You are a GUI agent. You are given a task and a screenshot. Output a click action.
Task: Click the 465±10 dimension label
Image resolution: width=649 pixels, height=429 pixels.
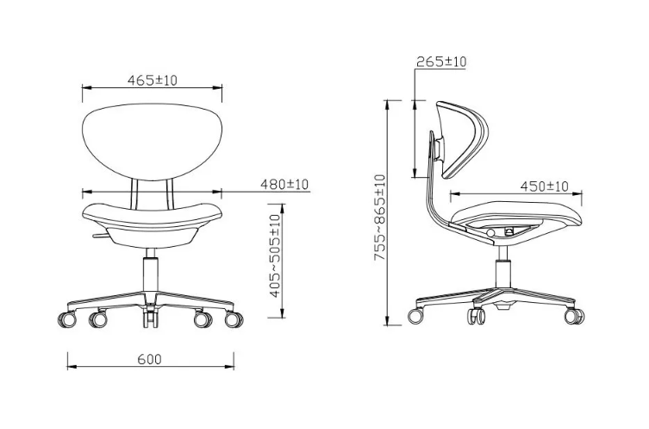point(152,80)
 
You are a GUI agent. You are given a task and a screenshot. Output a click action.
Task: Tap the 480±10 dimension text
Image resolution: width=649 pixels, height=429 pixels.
point(284,184)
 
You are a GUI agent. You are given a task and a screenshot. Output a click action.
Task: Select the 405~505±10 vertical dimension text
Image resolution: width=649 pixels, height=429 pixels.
point(275,256)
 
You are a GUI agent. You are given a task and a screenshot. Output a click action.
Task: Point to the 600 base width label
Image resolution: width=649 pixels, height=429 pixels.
point(149,359)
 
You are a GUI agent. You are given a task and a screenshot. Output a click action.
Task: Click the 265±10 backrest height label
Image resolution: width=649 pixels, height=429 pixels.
point(441,62)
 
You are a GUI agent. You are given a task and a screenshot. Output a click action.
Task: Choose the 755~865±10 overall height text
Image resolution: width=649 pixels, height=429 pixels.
point(379,218)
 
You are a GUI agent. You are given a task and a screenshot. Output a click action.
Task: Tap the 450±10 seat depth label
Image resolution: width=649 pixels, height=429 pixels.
point(545,186)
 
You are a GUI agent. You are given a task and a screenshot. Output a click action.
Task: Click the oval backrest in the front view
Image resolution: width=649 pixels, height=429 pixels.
point(152,142)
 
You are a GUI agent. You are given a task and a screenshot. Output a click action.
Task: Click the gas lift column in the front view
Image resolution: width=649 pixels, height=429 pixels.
point(151,274)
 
